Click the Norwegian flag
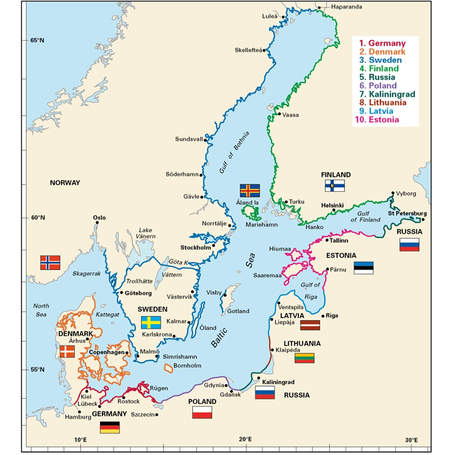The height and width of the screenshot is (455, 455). tap(50, 263)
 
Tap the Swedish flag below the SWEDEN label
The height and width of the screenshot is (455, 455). tap(151, 322)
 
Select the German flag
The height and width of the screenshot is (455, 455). tap(110, 427)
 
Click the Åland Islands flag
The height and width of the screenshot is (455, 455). tap(250, 190)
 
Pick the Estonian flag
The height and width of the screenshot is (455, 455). tap(364, 268)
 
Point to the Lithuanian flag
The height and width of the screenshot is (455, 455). tap(304, 358)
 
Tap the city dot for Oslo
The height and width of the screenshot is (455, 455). tap(97, 223)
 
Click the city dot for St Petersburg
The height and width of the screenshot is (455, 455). tap(423, 219)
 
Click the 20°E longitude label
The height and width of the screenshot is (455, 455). tap(245, 440)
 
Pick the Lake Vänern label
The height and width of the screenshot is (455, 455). tap(147, 233)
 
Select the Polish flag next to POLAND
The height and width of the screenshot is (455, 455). tap(202, 412)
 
